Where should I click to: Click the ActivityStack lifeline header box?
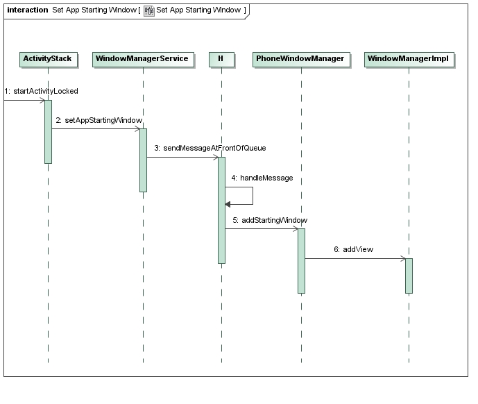point(49,59)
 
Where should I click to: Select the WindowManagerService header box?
point(144,59)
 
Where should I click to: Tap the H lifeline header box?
point(221,59)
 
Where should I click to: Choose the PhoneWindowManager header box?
point(301,59)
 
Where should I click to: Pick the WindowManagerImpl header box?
point(409,59)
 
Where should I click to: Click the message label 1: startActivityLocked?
point(42,91)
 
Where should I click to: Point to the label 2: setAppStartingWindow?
point(99,120)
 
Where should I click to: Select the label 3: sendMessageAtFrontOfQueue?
point(210,148)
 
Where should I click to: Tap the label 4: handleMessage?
point(262,178)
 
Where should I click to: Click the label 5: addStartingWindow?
point(270,220)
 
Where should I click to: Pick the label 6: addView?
point(354,249)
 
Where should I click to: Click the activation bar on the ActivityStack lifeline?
point(48,132)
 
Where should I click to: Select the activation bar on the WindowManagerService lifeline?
point(144,160)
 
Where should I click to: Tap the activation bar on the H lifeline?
point(221,210)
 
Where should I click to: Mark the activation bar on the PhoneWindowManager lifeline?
point(302,261)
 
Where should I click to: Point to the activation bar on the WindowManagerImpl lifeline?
point(409,276)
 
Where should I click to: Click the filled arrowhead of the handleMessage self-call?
point(228,205)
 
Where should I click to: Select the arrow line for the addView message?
point(355,258)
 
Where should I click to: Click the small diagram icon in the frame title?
point(149,10)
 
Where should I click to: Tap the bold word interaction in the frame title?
point(28,10)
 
